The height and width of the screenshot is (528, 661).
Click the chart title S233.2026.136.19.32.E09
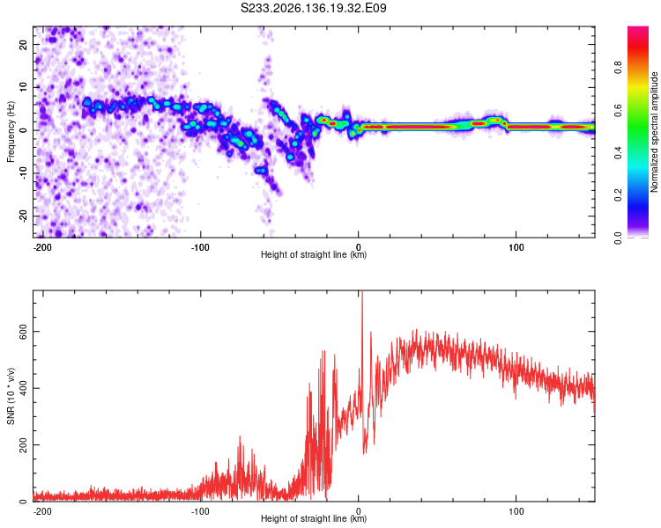point(313,8)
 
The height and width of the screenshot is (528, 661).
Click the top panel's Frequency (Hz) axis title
point(11,132)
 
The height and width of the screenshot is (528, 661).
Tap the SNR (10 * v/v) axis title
point(11,396)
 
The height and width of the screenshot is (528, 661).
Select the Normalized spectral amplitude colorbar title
point(654,132)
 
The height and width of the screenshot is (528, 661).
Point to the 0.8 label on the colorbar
point(618,67)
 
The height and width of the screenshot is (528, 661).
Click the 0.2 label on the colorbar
point(618,195)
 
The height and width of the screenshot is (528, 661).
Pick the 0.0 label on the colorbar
point(618,238)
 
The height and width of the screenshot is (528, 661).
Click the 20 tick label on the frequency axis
point(23,44)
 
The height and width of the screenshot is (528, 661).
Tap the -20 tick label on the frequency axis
point(23,216)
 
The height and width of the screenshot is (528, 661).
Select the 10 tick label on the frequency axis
point(23,87)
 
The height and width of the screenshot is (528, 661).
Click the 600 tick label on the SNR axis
point(23,332)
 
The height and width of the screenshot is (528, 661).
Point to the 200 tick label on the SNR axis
point(23,444)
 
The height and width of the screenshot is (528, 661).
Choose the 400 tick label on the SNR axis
point(23,388)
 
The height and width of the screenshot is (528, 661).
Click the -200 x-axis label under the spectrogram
point(42,247)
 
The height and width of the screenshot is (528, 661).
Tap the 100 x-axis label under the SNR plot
point(516,511)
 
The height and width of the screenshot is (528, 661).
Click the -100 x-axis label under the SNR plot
point(200,511)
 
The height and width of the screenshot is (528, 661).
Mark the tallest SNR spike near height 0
point(361,292)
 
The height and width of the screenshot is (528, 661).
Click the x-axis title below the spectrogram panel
point(314,254)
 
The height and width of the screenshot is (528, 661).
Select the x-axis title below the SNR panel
point(314,518)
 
